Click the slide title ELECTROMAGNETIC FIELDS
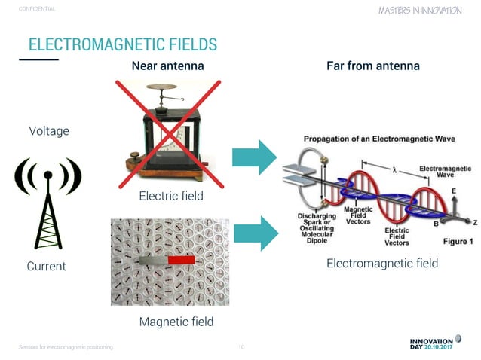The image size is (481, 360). click(122, 43)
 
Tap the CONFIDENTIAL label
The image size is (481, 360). click(37, 9)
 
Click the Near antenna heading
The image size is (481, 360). click(167, 66)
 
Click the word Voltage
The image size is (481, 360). click(48, 131)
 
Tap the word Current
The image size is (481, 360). click(46, 266)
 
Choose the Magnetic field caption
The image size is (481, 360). click(176, 322)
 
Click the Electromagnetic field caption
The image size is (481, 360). click(381, 264)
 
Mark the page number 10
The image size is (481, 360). click(240, 347)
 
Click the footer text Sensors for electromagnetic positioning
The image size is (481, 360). click(66, 347)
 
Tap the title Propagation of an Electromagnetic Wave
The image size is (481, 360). click(367, 139)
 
